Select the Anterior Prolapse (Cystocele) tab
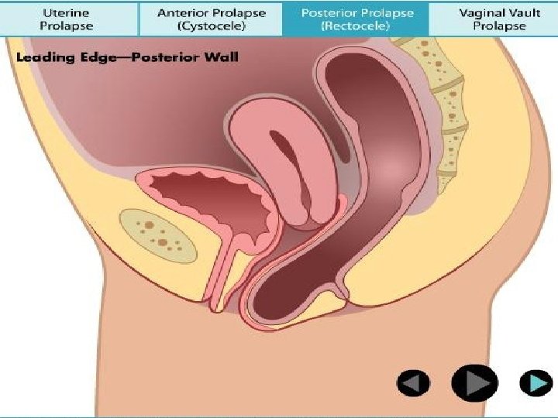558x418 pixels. point(211,19)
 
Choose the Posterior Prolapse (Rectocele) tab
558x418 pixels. point(356,19)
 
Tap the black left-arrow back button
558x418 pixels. point(414,382)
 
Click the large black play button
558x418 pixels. point(474,382)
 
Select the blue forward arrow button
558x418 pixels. point(535,382)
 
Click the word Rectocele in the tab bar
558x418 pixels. point(356,26)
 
